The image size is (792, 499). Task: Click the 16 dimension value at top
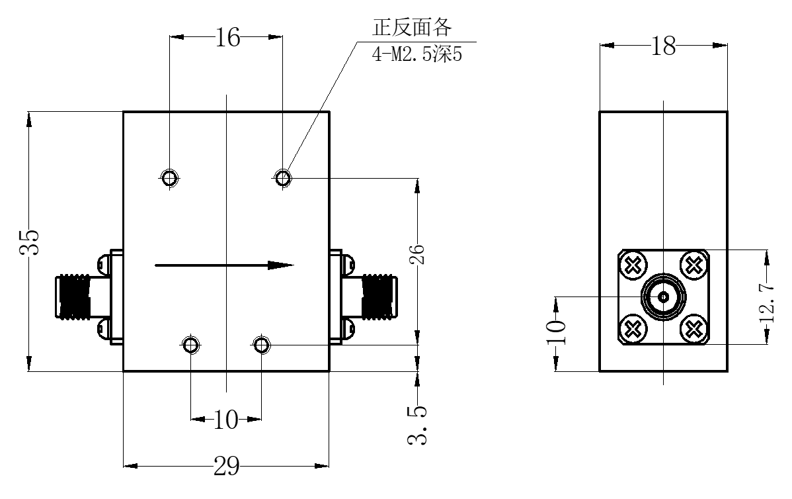pyautogui.click(x=228, y=38)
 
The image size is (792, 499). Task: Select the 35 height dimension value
pyautogui.click(x=30, y=242)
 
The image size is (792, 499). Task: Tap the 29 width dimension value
pyautogui.click(x=226, y=466)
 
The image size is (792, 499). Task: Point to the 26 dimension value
pyautogui.click(x=418, y=253)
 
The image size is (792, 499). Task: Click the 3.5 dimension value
pyautogui.click(x=418, y=425)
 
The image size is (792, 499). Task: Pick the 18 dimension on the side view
pyautogui.click(x=663, y=46)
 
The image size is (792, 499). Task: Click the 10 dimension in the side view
pyautogui.click(x=556, y=332)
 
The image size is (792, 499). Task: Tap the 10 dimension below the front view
pyautogui.click(x=226, y=420)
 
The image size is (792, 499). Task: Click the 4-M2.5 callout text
pyautogui.click(x=417, y=54)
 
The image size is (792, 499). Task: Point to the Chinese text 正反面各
pyautogui.click(x=412, y=28)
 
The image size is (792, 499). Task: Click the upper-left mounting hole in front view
pyautogui.click(x=170, y=177)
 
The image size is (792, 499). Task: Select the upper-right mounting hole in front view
pyautogui.click(x=282, y=177)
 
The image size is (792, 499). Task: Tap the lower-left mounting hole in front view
pyautogui.click(x=190, y=345)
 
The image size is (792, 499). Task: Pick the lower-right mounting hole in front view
pyautogui.click(x=260, y=345)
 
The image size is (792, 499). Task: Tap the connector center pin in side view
pyautogui.click(x=663, y=297)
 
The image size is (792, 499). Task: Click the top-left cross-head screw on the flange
pyautogui.click(x=634, y=265)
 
